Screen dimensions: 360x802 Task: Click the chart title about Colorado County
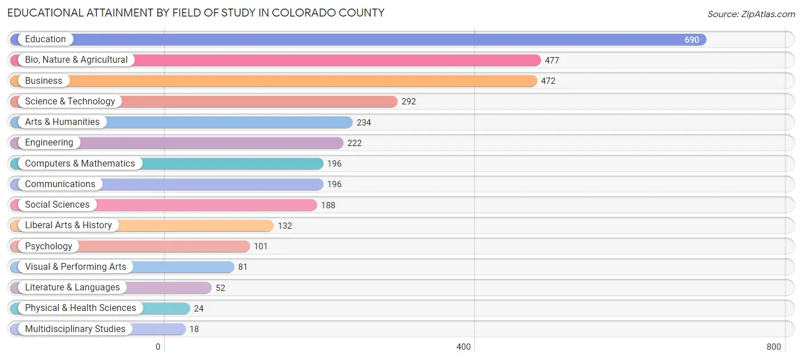coord(196,13)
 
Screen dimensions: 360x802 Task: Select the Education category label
coord(46,39)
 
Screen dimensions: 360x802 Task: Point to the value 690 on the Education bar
coord(691,40)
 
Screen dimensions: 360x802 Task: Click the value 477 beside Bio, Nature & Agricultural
coord(552,60)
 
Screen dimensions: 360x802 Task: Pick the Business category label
coord(43,81)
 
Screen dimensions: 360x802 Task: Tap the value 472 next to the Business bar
coord(548,81)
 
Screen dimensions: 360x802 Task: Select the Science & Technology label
coord(70,102)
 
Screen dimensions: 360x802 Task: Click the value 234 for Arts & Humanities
coord(364,122)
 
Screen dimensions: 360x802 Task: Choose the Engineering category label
coord(49,143)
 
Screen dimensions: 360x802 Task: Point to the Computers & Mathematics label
coord(80,164)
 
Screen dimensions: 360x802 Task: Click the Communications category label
coord(60,184)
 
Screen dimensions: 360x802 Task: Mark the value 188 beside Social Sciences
coord(328,205)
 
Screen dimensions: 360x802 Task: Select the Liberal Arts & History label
coord(68,225)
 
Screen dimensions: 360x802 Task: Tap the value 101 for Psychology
coord(261,246)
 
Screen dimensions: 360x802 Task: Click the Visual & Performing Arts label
coord(75,267)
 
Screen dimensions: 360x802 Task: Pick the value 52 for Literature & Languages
coord(220,288)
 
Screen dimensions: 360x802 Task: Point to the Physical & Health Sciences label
coord(80,308)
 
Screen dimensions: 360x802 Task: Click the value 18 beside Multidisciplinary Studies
coord(194,329)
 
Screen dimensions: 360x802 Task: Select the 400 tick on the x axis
coord(463,347)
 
